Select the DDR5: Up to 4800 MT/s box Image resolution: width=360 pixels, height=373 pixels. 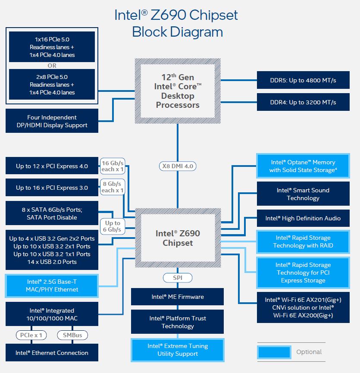pos(303,80)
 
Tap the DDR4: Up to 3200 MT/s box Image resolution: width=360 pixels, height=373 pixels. pos(303,102)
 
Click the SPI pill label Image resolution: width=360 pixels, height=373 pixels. pos(177,278)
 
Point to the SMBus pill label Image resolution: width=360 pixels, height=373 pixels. pos(72,335)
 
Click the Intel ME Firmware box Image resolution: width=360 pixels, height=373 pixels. pos(177,297)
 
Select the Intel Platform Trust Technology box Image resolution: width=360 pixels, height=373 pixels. pos(177,322)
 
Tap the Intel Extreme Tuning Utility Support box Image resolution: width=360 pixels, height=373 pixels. pos(177,350)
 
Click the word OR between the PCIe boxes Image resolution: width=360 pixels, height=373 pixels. pos(52,66)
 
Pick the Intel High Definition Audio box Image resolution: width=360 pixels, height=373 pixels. pos(303,218)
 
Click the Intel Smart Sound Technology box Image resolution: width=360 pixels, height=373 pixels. pos(303,194)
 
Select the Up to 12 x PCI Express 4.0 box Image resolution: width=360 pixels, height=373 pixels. pos(52,166)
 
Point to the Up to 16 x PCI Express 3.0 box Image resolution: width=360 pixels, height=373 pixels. pos(52,188)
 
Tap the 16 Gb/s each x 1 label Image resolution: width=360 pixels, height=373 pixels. pos(112,166)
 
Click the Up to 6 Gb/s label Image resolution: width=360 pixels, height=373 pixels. pos(113,226)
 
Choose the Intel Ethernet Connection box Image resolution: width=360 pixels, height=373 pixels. pos(52,353)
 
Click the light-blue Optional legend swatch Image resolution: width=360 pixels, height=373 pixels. pos(274,352)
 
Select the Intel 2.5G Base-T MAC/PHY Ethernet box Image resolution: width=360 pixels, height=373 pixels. pos(52,285)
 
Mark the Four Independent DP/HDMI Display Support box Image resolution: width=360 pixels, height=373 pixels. pos(52,121)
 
